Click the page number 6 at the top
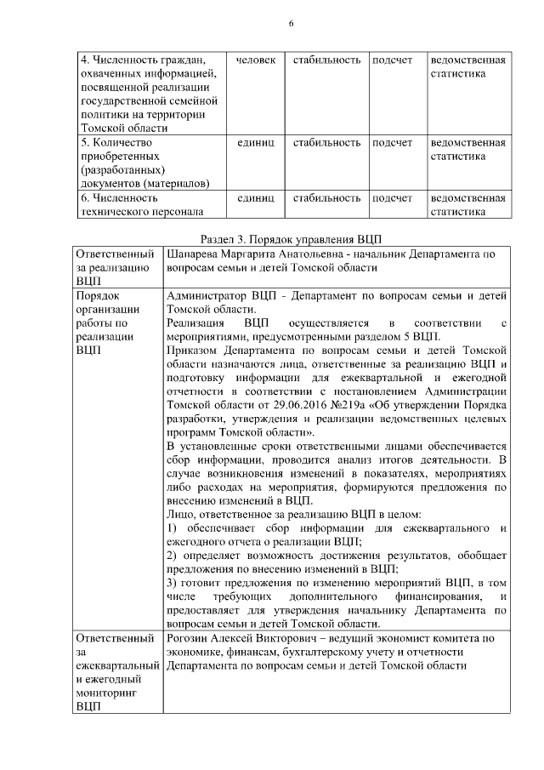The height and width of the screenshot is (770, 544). [290, 23]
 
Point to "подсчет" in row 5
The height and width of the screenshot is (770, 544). [392, 142]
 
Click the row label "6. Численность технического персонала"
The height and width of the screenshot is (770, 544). [141, 205]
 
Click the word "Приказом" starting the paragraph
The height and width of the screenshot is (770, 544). [195, 349]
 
